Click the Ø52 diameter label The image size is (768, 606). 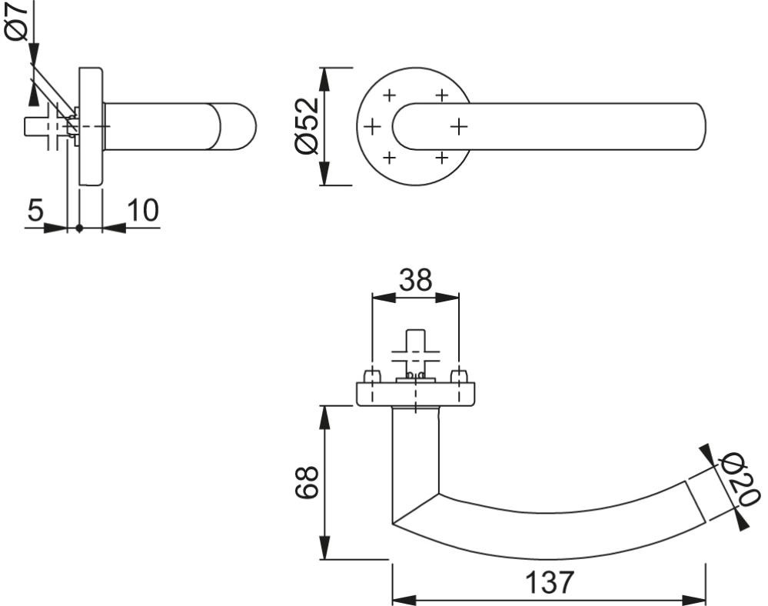[307, 127]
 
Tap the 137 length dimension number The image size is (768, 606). [549, 582]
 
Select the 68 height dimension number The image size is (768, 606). [307, 482]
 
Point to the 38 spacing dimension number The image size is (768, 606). [415, 280]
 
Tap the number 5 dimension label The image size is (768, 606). [35, 210]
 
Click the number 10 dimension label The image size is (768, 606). [143, 210]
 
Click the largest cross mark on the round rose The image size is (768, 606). [458, 127]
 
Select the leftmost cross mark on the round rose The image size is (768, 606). [372, 128]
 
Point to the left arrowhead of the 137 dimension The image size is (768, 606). [404, 600]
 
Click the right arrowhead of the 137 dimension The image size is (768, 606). [694, 600]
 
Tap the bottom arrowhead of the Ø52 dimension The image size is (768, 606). [324, 174]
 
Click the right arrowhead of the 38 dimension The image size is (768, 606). [447, 298]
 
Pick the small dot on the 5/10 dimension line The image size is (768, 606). [79, 228]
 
